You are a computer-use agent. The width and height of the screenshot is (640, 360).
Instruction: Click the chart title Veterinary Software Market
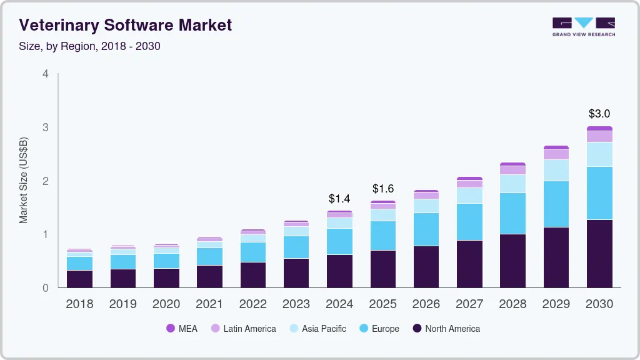point(126,25)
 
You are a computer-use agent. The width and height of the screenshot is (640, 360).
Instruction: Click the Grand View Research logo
point(583,27)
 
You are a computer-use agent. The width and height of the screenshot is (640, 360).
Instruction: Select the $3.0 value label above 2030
point(599,114)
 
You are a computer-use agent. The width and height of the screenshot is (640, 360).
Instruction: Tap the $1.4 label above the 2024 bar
point(339,199)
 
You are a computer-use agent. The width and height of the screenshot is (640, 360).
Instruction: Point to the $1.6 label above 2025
point(383,188)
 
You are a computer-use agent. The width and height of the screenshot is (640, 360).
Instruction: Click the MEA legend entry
point(182,328)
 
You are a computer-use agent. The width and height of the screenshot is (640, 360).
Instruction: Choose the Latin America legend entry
point(243,328)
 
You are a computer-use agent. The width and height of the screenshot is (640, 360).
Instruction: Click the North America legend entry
point(446,328)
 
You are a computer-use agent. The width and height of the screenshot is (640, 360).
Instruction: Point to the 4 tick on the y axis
point(46,74)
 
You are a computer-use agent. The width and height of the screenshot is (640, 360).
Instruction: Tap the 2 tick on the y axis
point(46,181)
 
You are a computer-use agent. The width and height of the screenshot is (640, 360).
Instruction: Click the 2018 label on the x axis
point(79,304)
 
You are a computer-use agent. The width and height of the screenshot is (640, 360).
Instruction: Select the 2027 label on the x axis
point(469,304)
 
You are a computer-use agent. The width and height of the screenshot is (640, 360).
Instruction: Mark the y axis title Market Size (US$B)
point(24,181)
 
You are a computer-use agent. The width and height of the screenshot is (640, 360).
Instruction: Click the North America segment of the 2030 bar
point(599,253)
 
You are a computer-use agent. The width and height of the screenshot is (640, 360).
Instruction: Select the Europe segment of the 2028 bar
point(512,213)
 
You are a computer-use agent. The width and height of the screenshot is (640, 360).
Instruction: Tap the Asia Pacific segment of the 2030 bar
point(599,154)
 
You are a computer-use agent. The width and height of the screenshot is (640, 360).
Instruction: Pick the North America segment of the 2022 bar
point(252,274)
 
